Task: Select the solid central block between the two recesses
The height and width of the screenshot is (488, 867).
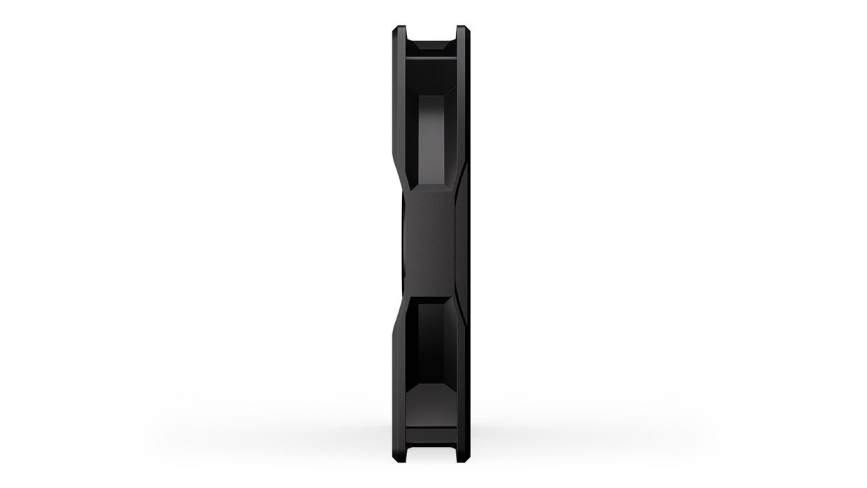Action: (x=429, y=244)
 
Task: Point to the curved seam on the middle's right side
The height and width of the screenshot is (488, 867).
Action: (x=461, y=244)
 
